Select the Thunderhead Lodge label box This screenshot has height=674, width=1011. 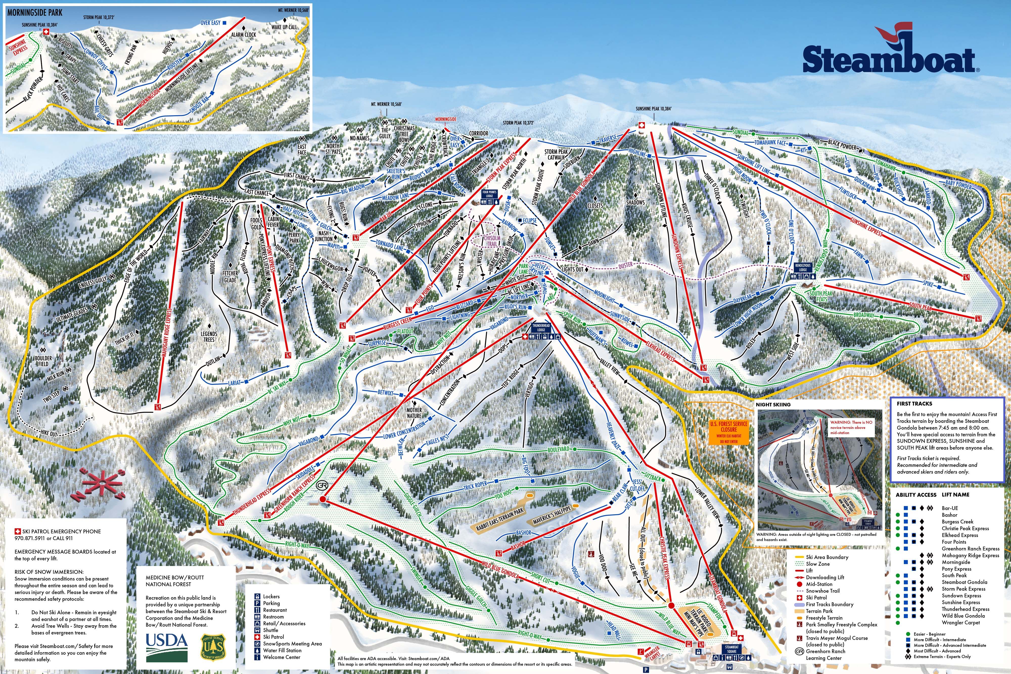tap(541, 328)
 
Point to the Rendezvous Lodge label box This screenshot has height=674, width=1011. tap(802, 268)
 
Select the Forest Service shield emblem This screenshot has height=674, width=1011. tap(213, 648)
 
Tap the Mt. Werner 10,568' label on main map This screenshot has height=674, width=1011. tap(386, 104)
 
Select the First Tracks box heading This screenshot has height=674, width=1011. tap(914, 404)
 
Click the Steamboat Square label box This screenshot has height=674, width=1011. tap(732, 649)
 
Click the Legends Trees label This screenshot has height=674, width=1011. tap(209, 337)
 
